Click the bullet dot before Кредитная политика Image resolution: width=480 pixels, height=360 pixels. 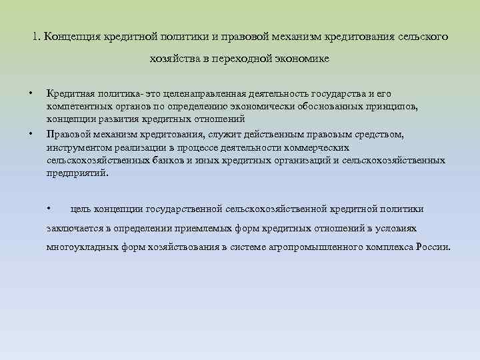pyautogui.click(x=31, y=92)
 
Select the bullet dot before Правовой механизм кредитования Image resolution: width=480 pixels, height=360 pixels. pyautogui.click(x=31, y=134)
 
